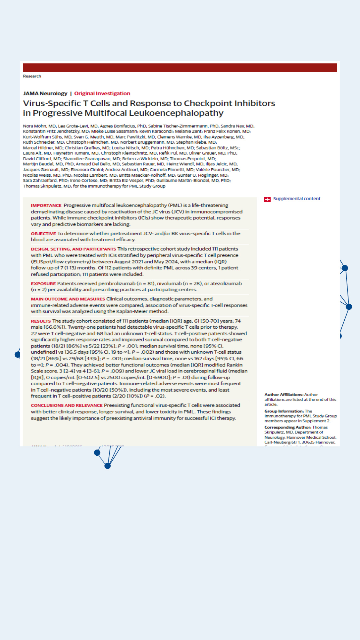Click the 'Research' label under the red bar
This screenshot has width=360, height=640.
(x=32, y=76)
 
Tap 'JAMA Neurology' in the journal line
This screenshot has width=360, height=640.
(x=45, y=93)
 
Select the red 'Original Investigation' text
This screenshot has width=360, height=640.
(x=102, y=93)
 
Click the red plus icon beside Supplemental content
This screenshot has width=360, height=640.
(x=267, y=199)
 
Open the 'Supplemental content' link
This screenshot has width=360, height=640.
(x=297, y=199)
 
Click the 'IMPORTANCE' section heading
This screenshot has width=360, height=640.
(x=46, y=205)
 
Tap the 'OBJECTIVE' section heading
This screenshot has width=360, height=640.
(x=43, y=234)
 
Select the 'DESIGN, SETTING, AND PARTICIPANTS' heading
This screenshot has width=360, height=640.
(x=73, y=249)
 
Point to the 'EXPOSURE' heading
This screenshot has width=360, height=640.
(x=43, y=284)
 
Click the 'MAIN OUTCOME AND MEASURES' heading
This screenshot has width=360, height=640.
(x=68, y=299)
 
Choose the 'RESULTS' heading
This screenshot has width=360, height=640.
(x=41, y=321)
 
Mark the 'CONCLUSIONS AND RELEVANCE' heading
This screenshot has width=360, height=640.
(x=67, y=405)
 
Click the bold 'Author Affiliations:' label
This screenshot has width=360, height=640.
(x=284, y=395)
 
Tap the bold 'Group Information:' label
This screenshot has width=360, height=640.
(x=284, y=411)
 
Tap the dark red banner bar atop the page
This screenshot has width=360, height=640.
(x=180, y=68)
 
